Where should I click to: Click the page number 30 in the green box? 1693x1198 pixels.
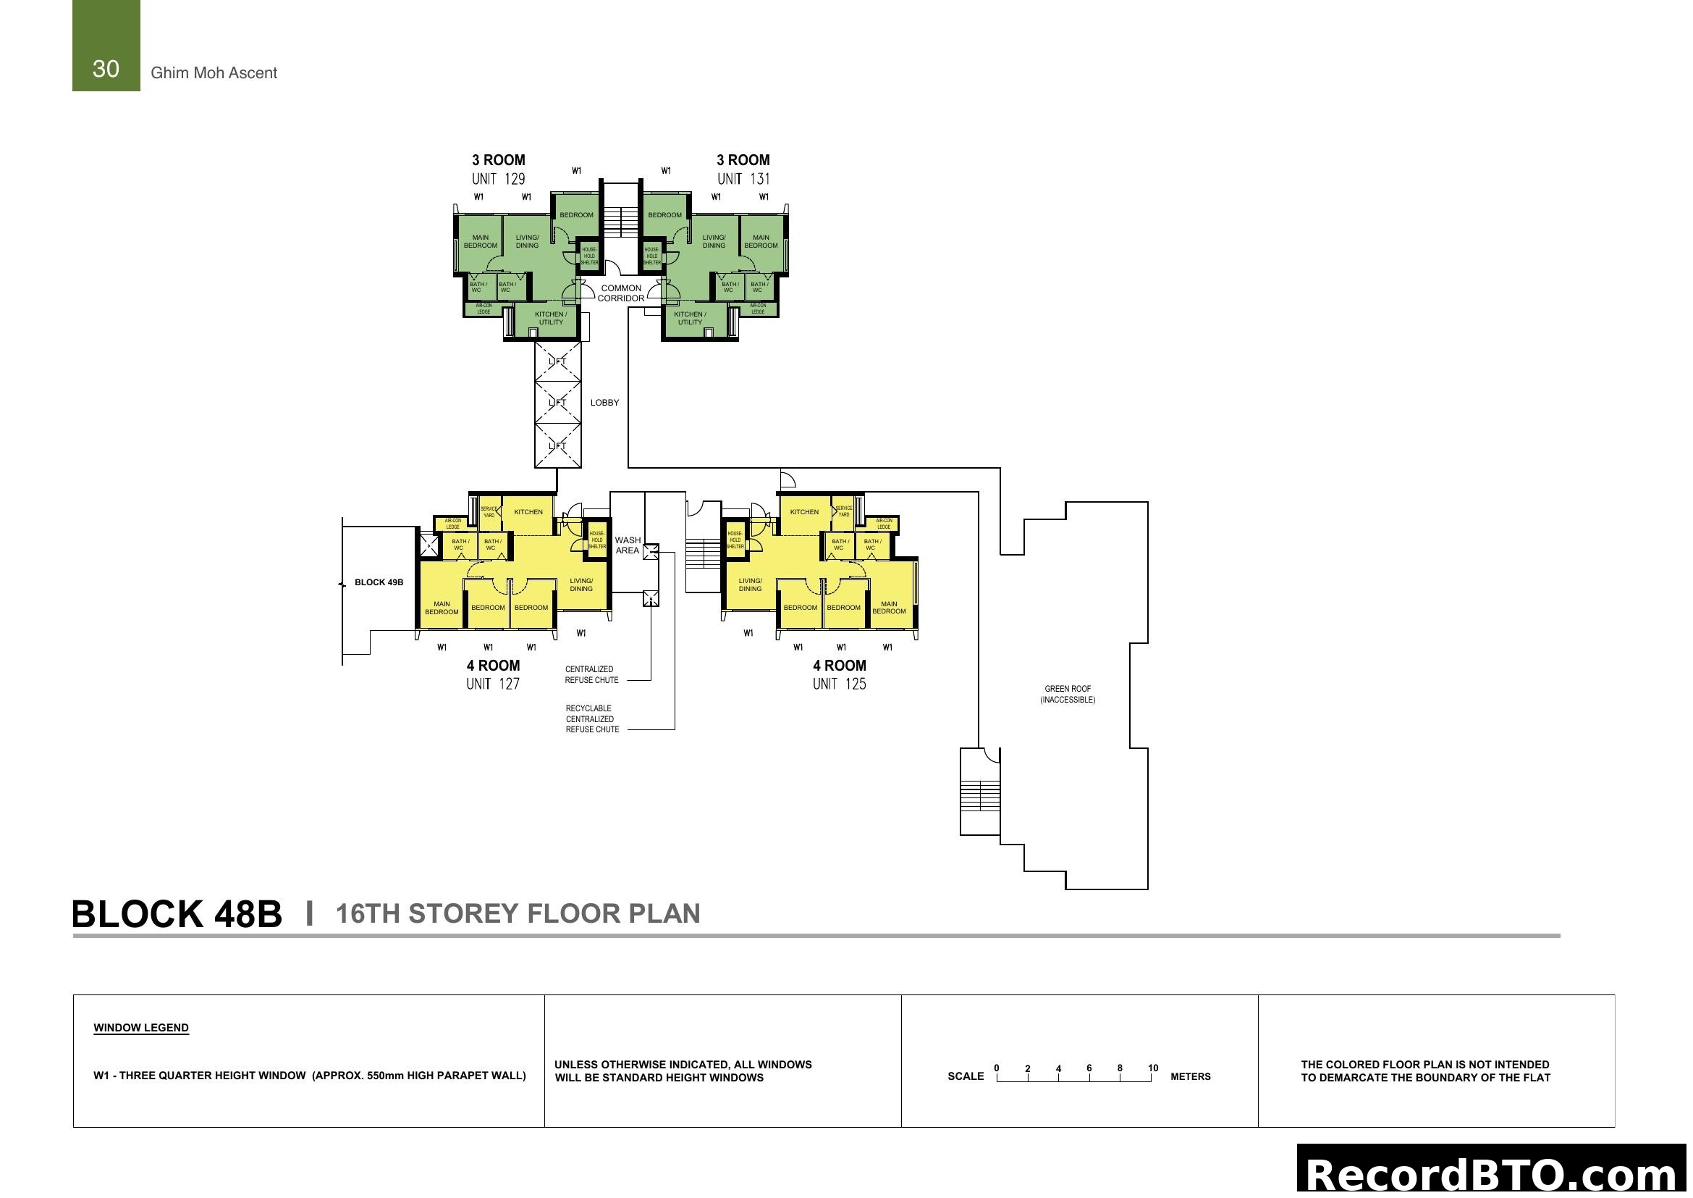106,69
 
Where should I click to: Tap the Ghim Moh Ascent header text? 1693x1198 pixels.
214,73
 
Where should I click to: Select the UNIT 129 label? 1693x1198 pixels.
499,178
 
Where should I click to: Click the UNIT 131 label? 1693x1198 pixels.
743,178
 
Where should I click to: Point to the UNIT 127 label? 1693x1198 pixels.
493,684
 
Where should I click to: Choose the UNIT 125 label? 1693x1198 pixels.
839,684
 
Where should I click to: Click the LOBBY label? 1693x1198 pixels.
604,403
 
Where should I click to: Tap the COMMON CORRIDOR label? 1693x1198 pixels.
621,293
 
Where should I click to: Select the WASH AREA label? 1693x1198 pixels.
628,545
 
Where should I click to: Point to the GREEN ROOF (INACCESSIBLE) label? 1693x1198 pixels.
1068,694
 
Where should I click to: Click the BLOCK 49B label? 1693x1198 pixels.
379,583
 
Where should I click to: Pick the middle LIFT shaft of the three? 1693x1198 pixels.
557,403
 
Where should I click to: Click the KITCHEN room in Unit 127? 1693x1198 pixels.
528,512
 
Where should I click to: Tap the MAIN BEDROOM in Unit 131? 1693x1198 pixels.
761,242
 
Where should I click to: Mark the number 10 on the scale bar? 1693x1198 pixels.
1153,1068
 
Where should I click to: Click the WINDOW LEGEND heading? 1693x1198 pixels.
141,1028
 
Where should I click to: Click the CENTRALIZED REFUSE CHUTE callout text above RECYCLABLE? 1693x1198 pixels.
591,675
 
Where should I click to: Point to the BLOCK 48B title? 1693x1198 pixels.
177,914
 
